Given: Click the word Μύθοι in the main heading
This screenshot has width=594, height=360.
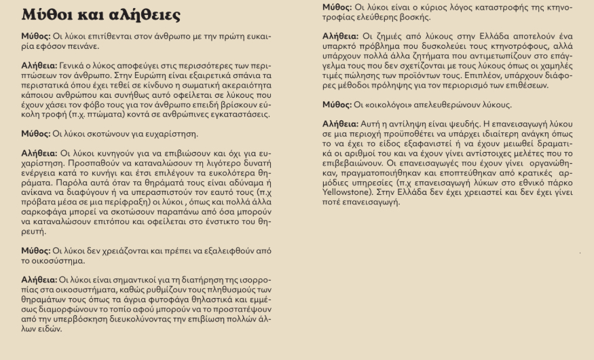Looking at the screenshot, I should coord(50,15).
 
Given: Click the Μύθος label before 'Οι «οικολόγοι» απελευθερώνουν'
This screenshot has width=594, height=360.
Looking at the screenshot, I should coord(338,105).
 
